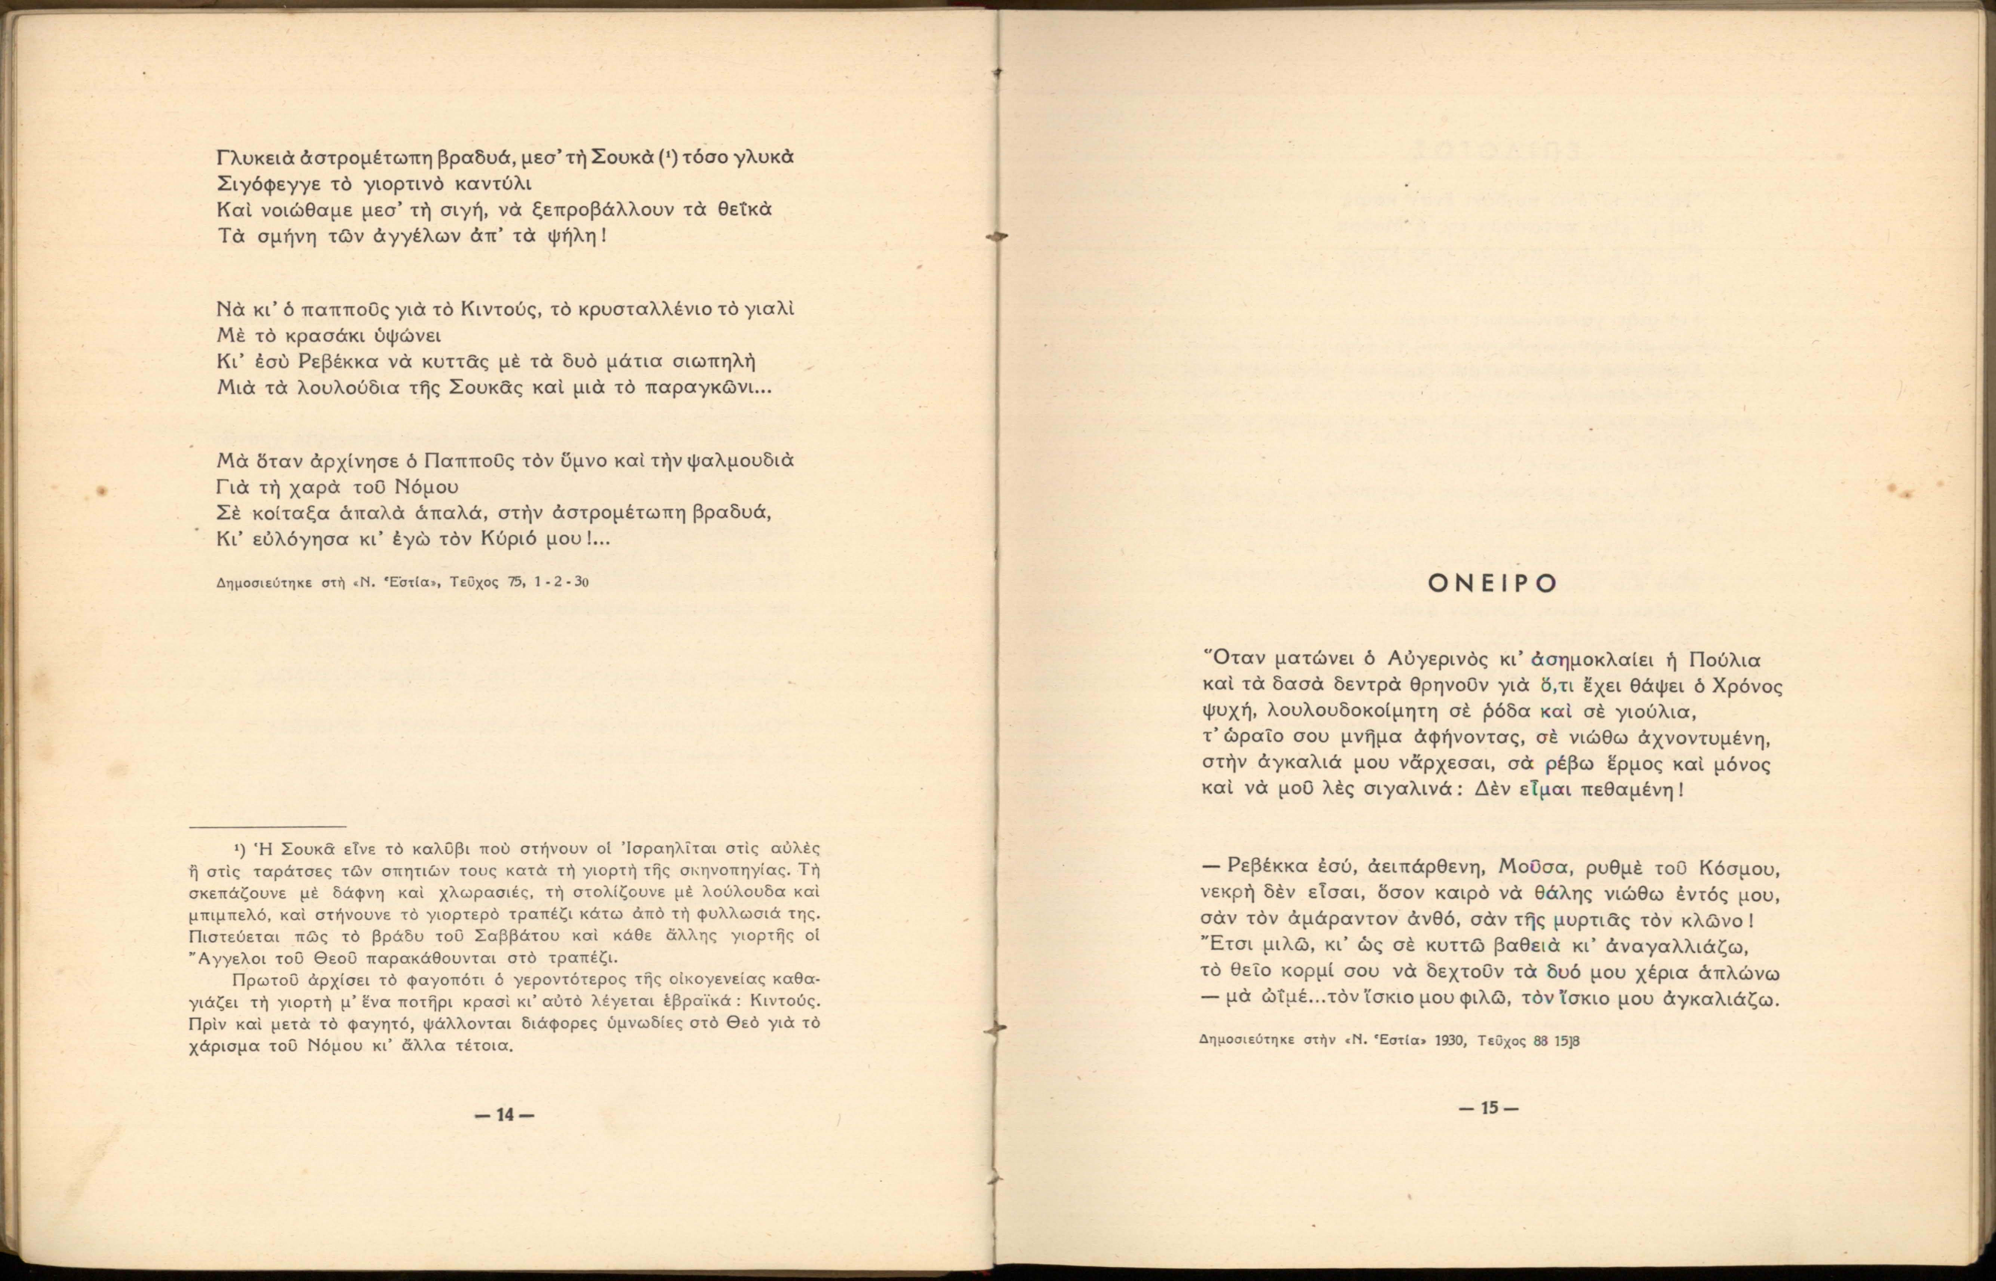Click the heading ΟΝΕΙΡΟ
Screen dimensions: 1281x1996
[x=1492, y=584]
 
